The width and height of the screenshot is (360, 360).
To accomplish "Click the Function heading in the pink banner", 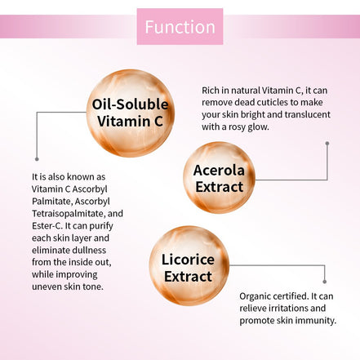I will tap(180, 27).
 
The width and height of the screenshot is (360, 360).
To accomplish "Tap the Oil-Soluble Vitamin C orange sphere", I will tap(130, 113).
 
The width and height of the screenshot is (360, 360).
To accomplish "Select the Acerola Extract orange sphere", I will tap(219, 177).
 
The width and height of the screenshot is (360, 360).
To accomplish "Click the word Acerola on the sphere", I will tap(219, 169).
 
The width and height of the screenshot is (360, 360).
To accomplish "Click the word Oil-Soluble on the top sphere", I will tap(130, 104).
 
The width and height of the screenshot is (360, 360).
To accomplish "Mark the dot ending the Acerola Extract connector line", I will tap(327, 144).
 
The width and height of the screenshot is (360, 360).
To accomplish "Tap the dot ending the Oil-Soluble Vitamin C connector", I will tap(37, 159).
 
